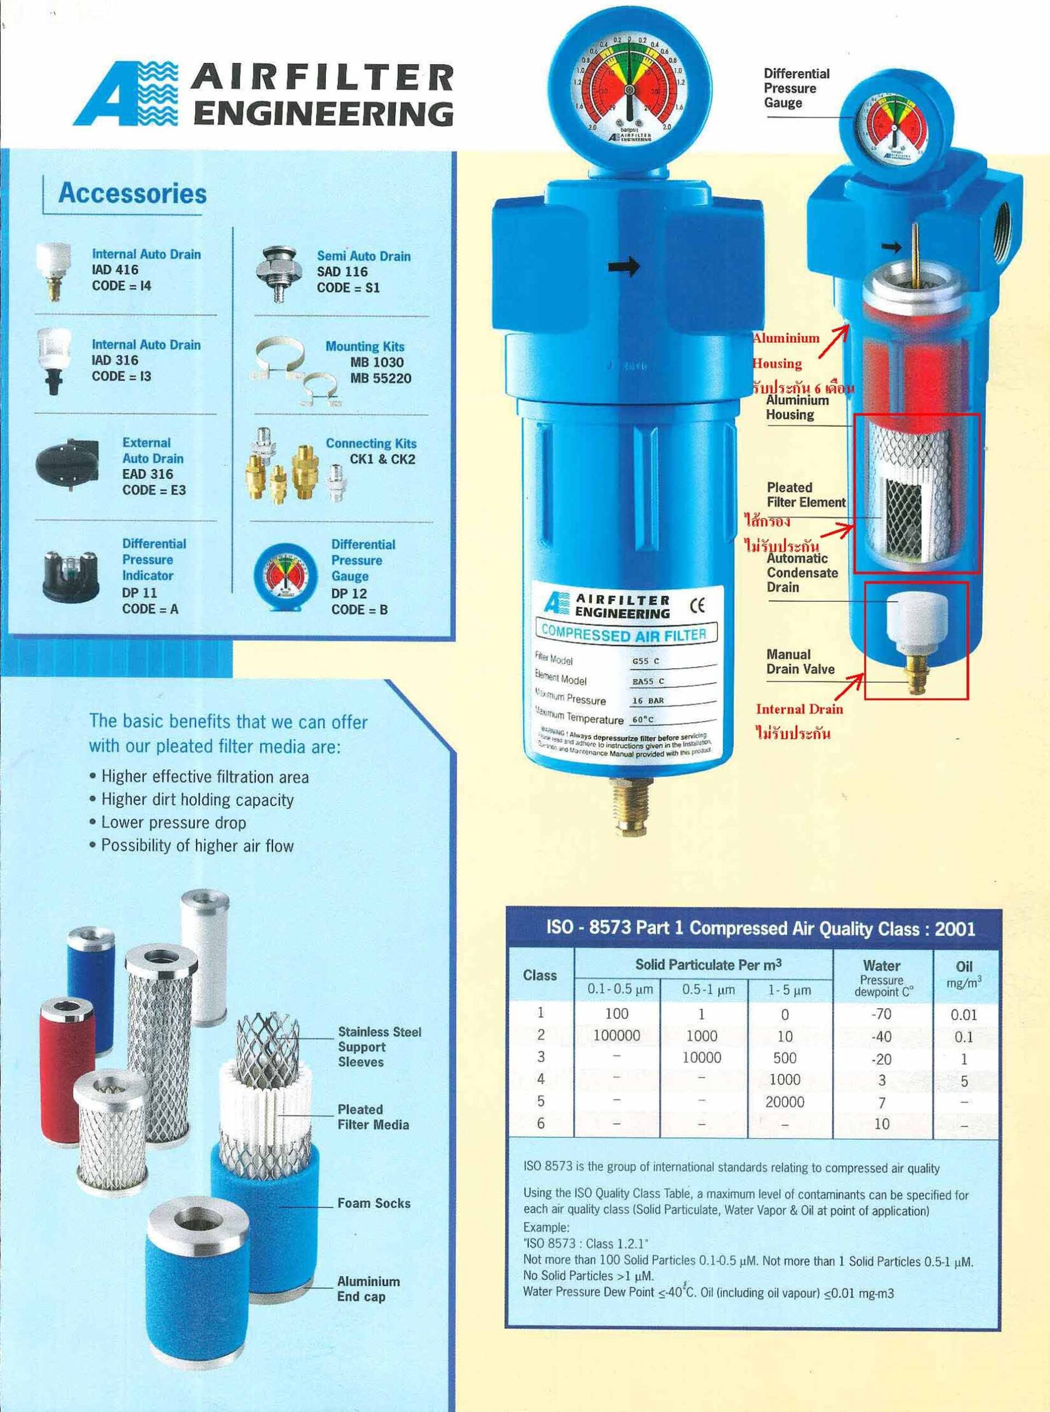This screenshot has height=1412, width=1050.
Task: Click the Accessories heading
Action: point(132,193)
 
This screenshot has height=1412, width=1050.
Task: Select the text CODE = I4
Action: point(121,286)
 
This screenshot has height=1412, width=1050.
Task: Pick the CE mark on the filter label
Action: point(697,606)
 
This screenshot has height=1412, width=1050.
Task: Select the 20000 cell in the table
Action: point(784,1102)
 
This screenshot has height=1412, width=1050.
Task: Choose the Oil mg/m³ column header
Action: point(963,975)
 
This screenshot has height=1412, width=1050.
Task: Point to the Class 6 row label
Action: point(540,1124)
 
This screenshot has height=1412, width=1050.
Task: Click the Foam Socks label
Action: point(374,1204)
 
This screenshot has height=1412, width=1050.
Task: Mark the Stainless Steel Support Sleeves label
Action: point(379,1046)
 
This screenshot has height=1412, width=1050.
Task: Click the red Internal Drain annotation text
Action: point(799,709)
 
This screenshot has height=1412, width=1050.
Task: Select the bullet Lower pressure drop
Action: point(173,823)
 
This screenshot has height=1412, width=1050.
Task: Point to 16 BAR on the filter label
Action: point(647,700)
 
